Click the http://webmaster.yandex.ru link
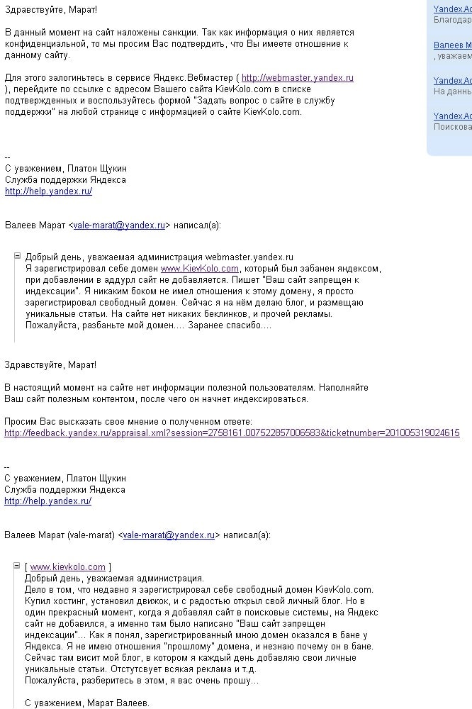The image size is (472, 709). click(298, 78)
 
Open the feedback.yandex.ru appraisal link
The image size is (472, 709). click(232, 432)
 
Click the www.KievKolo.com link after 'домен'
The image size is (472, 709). click(200, 269)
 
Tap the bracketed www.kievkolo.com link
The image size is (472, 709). click(68, 566)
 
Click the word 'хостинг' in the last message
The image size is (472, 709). click(64, 601)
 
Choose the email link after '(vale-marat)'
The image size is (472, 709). click(169, 535)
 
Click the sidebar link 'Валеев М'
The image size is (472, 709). click(452, 45)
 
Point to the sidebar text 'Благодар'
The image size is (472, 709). click(452, 20)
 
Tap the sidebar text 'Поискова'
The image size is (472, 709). click(452, 127)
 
